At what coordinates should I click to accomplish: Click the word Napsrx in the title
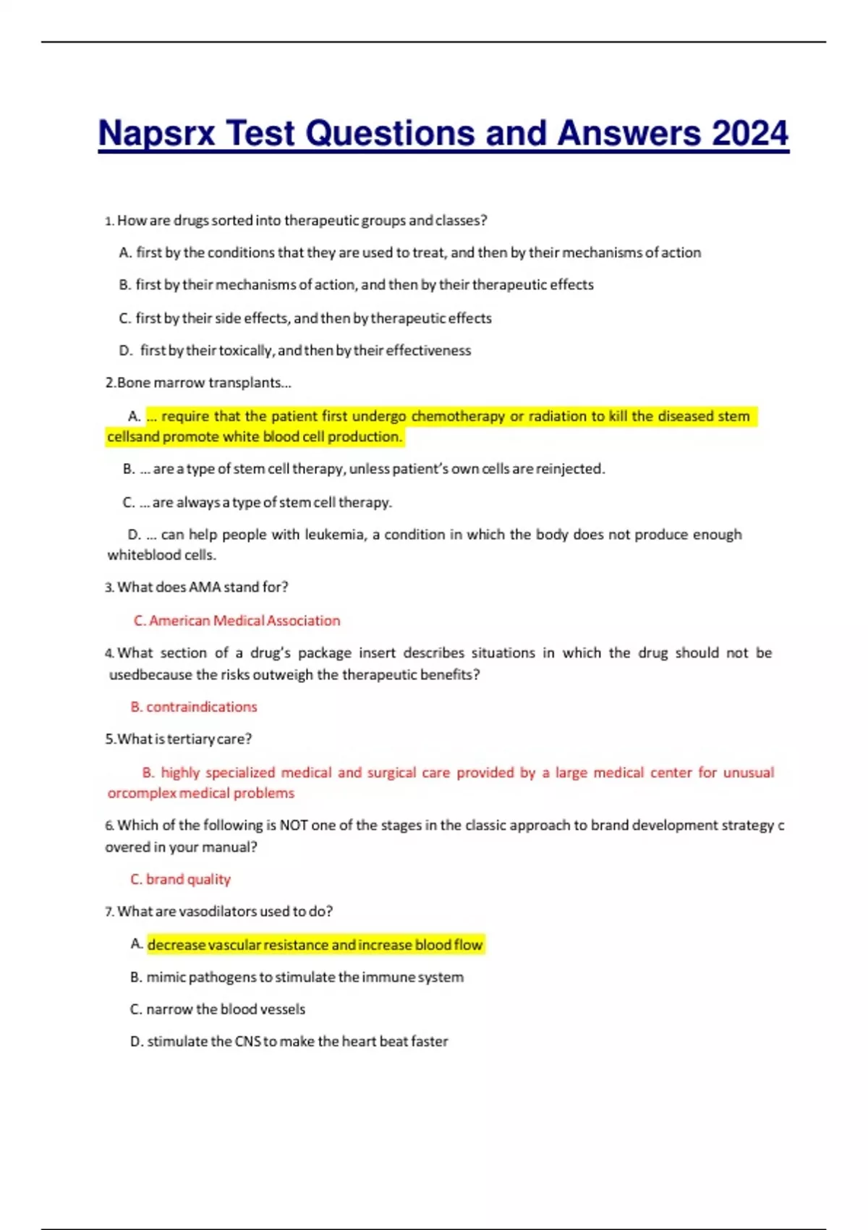[156, 134]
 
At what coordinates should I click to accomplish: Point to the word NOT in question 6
[294, 826]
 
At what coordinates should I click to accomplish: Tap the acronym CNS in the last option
[247, 1042]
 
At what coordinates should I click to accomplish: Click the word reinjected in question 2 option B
[568, 469]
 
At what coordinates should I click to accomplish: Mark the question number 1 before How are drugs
[109, 221]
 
